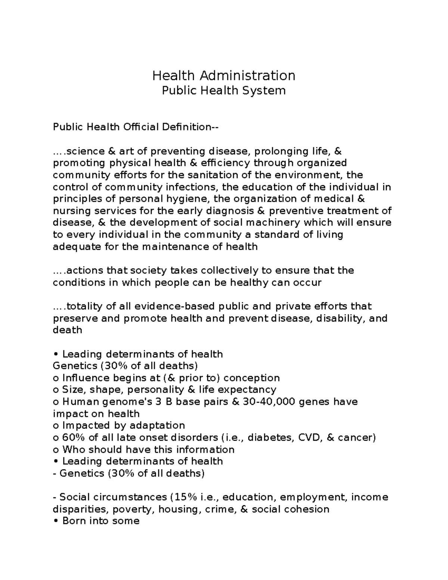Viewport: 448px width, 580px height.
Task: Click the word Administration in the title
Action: pos(247,76)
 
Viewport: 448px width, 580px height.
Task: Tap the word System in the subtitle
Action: pos(268,91)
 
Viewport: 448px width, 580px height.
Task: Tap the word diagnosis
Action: pos(232,211)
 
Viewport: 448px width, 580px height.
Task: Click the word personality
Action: pos(156,390)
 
